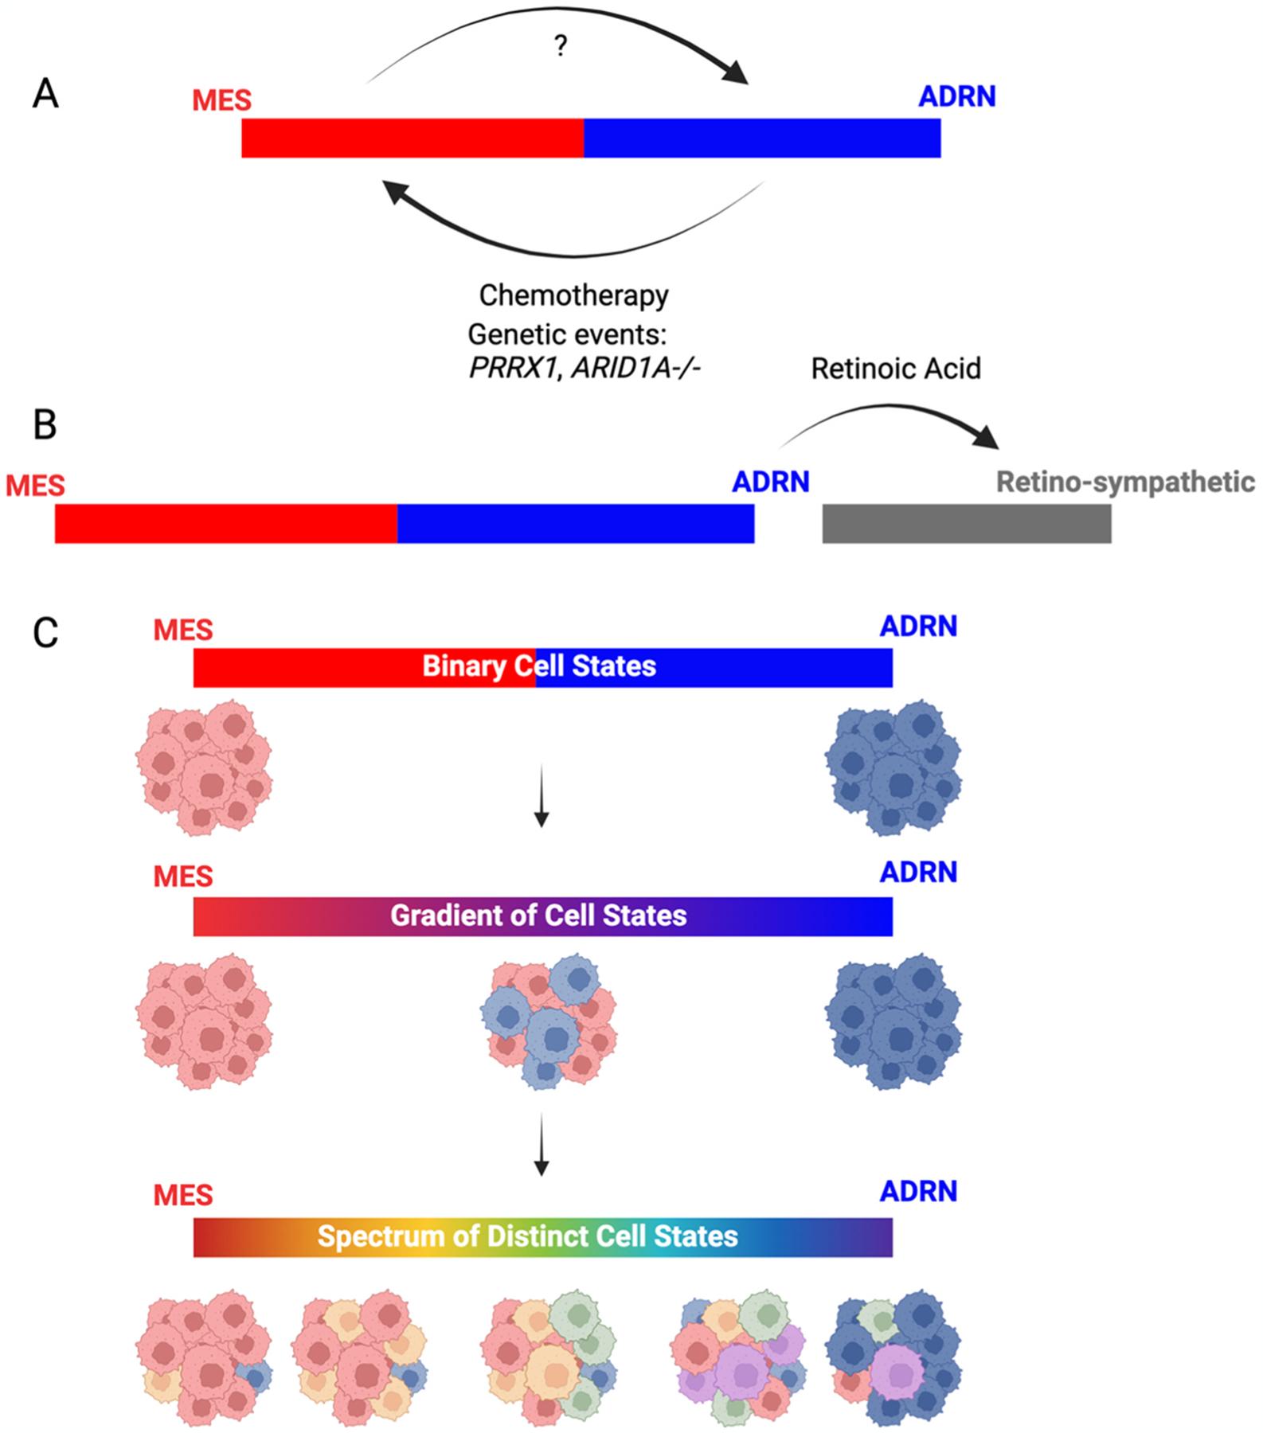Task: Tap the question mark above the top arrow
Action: pyautogui.click(x=561, y=48)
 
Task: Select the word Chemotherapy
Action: pyautogui.click(x=573, y=295)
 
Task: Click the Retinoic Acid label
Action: pyautogui.click(x=896, y=369)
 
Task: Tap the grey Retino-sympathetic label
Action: pyautogui.click(x=1124, y=482)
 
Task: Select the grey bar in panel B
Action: pyautogui.click(x=966, y=524)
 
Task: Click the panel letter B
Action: pyautogui.click(x=45, y=425)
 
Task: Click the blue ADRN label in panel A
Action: pyautogui.click(x=956, y=97)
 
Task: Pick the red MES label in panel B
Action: pyautogui.click(x=35, y=486)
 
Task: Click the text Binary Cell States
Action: pyautogui.click(x=539, y=666)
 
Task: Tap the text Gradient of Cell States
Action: pyautogui.click(x=538, y=916)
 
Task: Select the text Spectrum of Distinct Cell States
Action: pyautogui.click(x=528, y=1236)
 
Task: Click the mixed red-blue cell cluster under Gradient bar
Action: pyautogui.click(x=548, y=1021)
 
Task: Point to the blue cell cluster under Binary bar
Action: pyautogui.click(x=893, y=767)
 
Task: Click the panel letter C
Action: pyautogui.click(x=45, y=633)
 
